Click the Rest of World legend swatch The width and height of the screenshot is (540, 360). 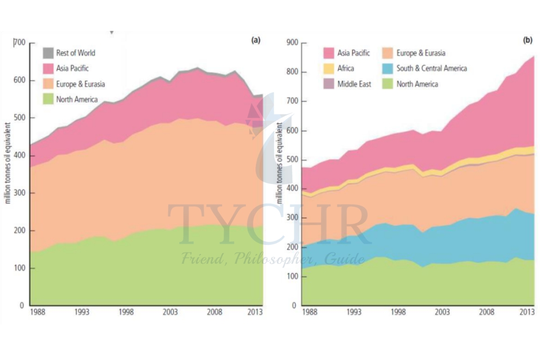(48, 53)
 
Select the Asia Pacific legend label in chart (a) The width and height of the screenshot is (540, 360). (72, 68)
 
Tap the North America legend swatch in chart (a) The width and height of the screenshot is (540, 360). (48, 99)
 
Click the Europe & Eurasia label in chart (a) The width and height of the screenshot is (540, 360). (81, 84)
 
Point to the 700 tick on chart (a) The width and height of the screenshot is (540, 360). (20, 43)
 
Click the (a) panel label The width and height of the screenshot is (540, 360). (256, 40)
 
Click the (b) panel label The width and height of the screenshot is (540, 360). (527, 40)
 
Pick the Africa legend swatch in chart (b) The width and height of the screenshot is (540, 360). (329, 68)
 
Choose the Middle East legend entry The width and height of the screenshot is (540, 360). (354, 84)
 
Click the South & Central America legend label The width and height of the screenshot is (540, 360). (432, 68)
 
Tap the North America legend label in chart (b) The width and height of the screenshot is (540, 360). (417, 84)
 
